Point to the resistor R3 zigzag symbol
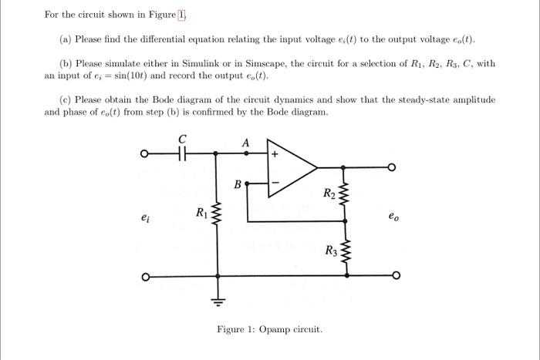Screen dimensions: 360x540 pyautogui.click(x=344, y=250)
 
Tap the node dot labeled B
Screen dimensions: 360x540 pyautogui.click(x=247, y=184)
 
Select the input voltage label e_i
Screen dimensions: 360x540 pyautogui.click(x=146, y=218)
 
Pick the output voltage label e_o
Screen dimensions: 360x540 pyautogui.click(x=393, y=218)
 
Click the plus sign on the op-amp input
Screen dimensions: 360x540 pyautogui.click(x=273, y=154)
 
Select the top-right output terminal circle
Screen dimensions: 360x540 pyautogui.click(x=393, y=167)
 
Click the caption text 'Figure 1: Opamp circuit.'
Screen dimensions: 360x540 pyautogui.click(x=269, y=330)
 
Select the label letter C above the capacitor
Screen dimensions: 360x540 pyautogui.click(x=183, y=139)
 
